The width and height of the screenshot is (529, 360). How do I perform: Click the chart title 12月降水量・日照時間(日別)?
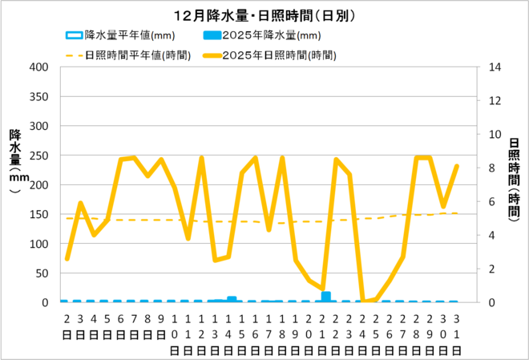click(264, 15)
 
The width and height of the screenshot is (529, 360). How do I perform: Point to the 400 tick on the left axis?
click(38, 67)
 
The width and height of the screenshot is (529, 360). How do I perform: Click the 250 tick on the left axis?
click(38, 156)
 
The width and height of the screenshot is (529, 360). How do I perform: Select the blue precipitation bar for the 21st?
click(325, 297)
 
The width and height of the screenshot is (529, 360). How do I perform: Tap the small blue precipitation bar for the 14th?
click(232, 299)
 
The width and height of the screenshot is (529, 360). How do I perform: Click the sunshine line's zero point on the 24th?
click(363, 301)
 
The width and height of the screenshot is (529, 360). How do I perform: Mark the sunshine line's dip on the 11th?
click(188, 238)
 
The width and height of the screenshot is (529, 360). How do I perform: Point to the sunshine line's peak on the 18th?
click(282, 158)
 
